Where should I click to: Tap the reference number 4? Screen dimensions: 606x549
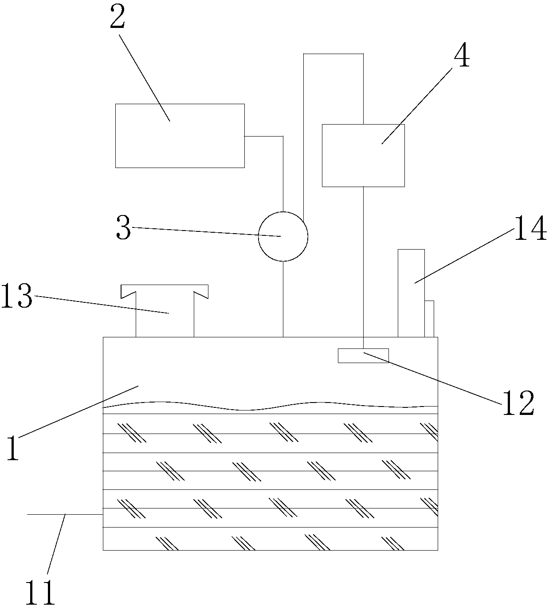(x=462, y=57)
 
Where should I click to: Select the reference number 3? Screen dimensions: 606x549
(x=123, y=229)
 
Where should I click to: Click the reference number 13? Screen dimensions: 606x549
(x=16, y=297)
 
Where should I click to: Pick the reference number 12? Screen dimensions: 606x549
(x=518, y=403)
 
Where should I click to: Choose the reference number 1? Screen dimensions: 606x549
(x=13, y=448)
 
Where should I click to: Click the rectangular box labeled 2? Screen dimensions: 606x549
(x=180, y=136)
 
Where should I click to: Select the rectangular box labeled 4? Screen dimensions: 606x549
(x=363, y=155)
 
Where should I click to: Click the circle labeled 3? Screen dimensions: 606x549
(x=283, y=236)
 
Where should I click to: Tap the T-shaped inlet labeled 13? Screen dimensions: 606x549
(x=165, y=310)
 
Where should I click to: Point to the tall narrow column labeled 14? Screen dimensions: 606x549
(x=411, y=293)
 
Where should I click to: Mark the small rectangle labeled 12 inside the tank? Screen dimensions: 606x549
(x=363, y=356)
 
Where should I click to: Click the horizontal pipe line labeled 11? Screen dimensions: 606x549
(x=65, y=514)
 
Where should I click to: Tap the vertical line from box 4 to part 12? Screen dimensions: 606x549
(x=363, y=266)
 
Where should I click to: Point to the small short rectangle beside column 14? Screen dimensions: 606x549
(x=429, y=318)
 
